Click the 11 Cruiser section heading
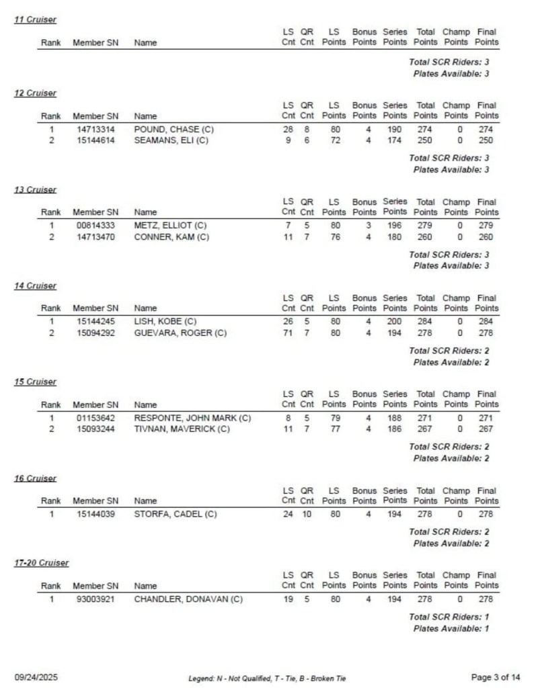tap(36, 19)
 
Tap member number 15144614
tap(96, 140)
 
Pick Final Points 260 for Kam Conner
tap(486, 236)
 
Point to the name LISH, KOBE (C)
tap(165, 322)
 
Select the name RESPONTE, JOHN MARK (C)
tap(192, 418)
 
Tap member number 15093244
tap(96, 429)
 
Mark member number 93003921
tap(96, 599)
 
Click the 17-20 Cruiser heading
tap(42, 563)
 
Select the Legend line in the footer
tap(267, 678)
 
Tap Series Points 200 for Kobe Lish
tap(395, 322)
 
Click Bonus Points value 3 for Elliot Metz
tap(369, 226)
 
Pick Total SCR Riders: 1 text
tap(449, 617)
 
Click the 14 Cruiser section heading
tap(36, 286)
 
